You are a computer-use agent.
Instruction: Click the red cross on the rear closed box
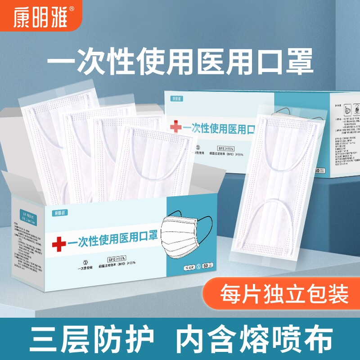pyautogui.click(x=176, y=127)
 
